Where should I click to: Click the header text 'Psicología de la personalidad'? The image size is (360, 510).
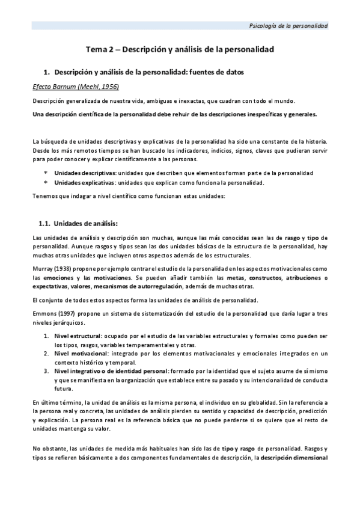pos(288,26)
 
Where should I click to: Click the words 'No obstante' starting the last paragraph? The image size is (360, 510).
pos(49,448)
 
